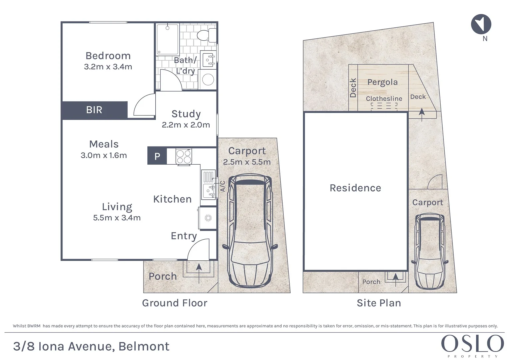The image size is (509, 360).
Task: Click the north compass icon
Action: [481, 24]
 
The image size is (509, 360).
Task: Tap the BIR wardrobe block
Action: [94, 110]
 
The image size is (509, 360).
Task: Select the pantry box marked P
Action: [157, 156]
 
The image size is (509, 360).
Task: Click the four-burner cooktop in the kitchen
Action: [184, 156]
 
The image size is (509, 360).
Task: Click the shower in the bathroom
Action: [168, 39]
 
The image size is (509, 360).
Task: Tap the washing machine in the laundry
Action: [208, 80]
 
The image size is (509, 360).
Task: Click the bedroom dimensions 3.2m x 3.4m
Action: [108, 67]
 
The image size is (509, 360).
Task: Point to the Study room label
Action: [186, 114]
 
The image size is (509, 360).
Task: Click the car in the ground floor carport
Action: [250, 231]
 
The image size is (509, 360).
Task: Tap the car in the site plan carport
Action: [430, 251]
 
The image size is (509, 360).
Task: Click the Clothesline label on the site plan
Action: [384, 99]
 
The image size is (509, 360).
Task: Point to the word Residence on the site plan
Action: [355, 188]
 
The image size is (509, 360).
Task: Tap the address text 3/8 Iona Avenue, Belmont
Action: [91, 346]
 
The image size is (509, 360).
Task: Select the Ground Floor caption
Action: [174, 303]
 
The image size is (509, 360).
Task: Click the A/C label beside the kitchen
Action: [223, 186]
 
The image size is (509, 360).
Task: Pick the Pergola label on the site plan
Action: [382, 82]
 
